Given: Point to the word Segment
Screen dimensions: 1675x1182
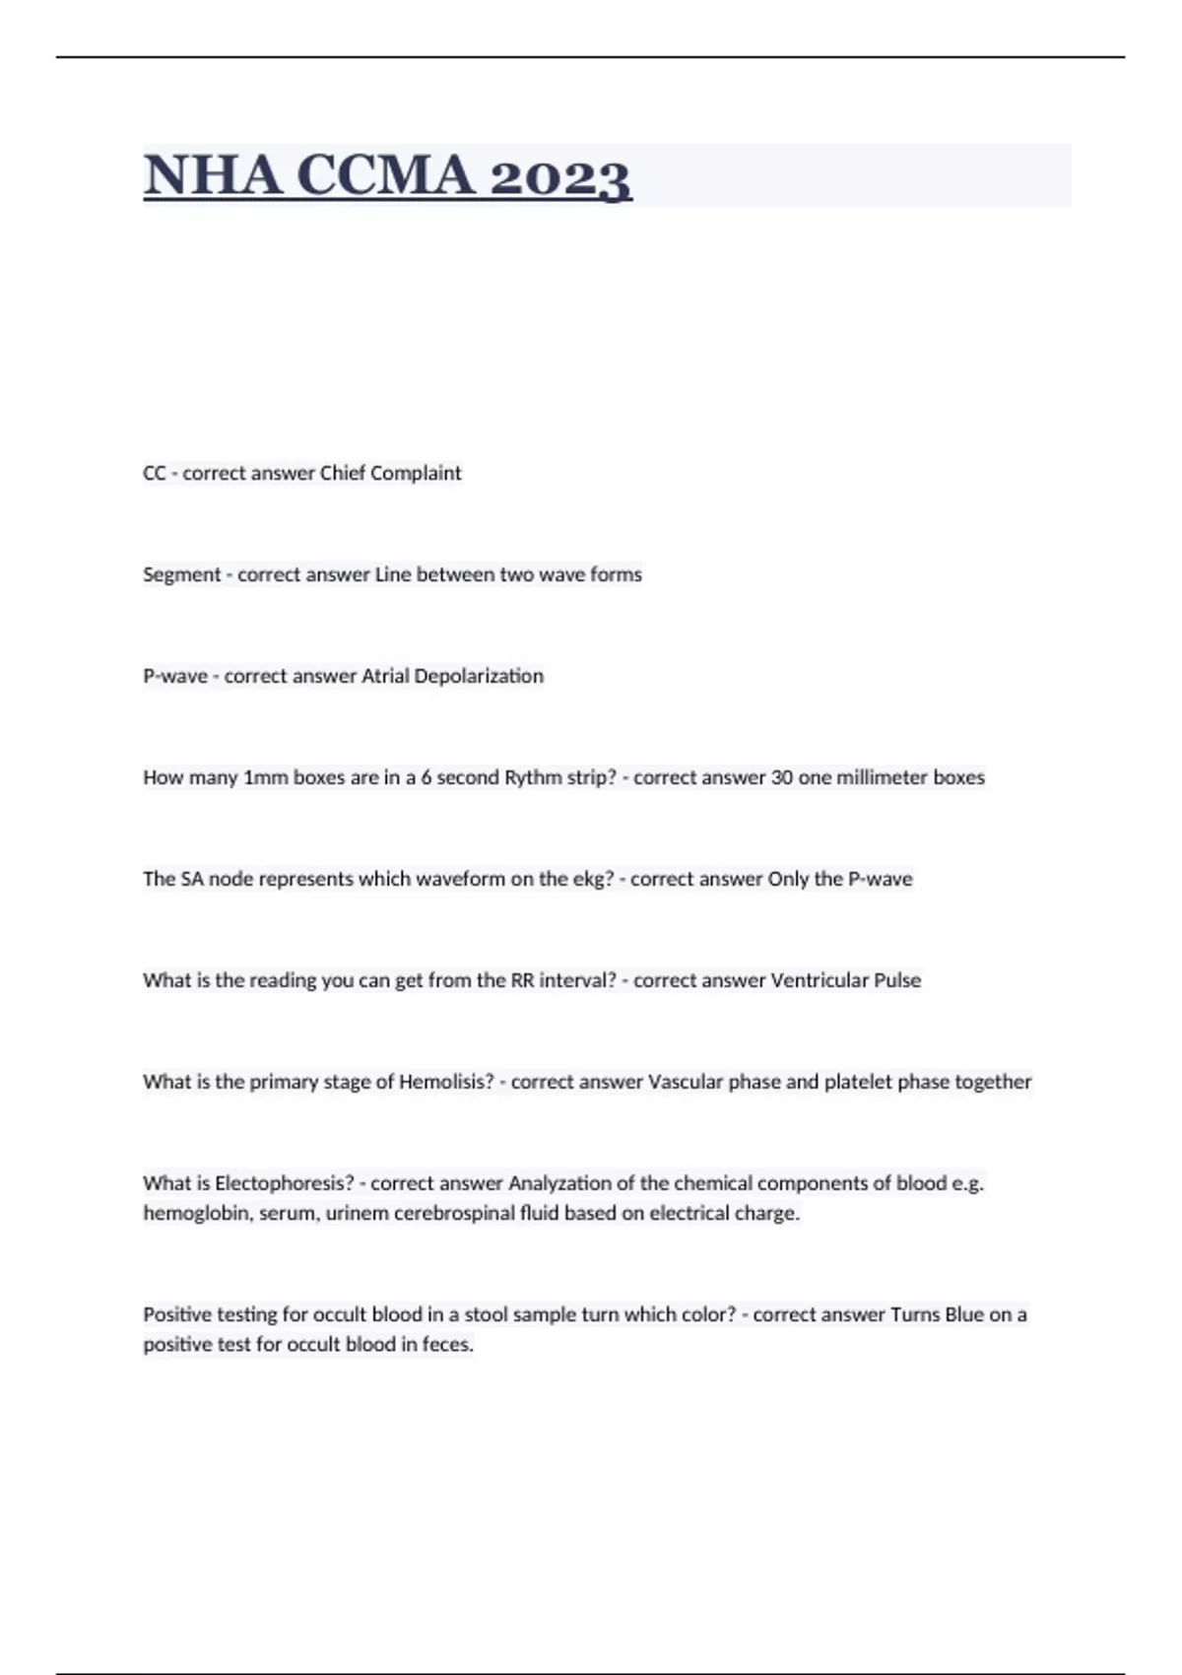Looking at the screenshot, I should pos(181,574).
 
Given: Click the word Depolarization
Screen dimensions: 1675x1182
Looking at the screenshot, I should pos(479,676).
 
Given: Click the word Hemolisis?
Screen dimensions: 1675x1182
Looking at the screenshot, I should pos(446,1082).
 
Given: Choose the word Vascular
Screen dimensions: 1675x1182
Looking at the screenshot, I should pos(685,1082).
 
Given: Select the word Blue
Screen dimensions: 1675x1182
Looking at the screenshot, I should pos(964,1314).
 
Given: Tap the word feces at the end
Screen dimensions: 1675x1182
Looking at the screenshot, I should pos(448,1344).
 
